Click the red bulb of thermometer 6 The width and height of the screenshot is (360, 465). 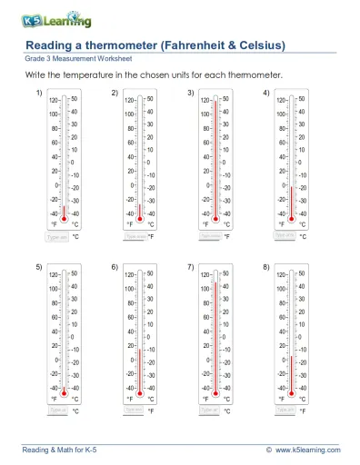140,391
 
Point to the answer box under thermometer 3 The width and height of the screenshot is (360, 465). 210,235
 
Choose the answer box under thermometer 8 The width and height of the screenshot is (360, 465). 285,410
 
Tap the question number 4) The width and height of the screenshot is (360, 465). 265,94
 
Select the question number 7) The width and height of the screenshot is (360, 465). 190,267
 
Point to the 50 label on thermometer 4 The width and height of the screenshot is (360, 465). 302,97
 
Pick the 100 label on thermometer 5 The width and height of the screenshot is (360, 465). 55,288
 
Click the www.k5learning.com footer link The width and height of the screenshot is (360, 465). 308,450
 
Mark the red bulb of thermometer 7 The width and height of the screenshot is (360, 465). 215,391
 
